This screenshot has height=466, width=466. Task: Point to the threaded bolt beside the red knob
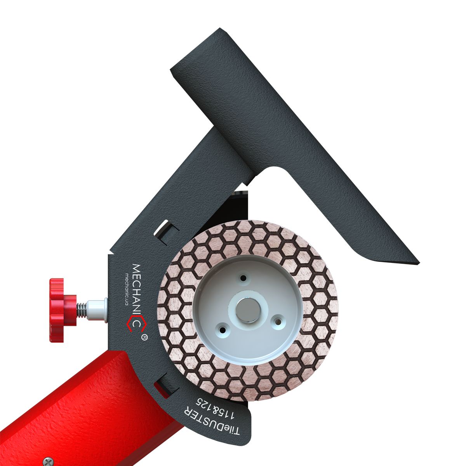click(x=81, y=310)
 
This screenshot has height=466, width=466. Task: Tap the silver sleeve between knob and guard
click(x=97, y=310)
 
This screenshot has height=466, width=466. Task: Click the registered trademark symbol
click(x=144, y=337)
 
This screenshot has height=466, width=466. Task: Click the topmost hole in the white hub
click(x=243, y=278)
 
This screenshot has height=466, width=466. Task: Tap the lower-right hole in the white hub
click(x=277, y=321)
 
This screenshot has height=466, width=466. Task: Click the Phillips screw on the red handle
click(x=47, y=461)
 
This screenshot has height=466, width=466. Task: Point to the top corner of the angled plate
click(x=220, y=29)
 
